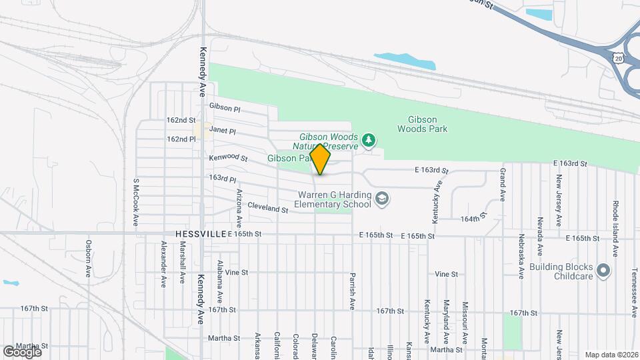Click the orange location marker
click(321, 159)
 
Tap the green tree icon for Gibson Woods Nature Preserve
click(369, 140)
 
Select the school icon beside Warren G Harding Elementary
click(381, 198)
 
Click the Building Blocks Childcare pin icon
click(603, 271)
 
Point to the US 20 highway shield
click(619, 58)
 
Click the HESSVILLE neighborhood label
click(200, 235)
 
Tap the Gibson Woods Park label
click(422, 124)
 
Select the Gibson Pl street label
click(224, 107)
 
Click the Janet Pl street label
click(223, 129)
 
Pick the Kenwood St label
click(228, 159)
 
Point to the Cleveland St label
click(267, 209)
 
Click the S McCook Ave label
click(135, 202)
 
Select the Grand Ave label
click(502, 184)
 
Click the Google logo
click(22, 352)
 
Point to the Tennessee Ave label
click(634, 287)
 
